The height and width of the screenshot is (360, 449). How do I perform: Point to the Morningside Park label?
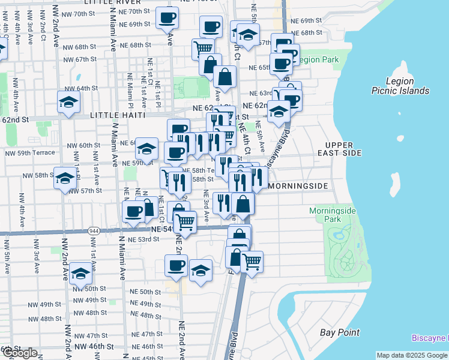point(333,215)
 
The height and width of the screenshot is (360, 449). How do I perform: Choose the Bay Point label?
point(340,332)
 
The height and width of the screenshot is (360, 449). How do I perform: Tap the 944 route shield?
point(94,230)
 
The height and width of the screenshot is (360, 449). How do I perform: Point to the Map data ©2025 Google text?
point(412,355)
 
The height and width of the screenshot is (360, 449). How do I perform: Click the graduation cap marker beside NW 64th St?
point(69,103)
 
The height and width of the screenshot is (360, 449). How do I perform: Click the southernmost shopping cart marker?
point(252,262)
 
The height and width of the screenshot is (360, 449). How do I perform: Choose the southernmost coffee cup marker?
point(176,266)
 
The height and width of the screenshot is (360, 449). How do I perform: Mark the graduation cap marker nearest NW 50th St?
point(81,274)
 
